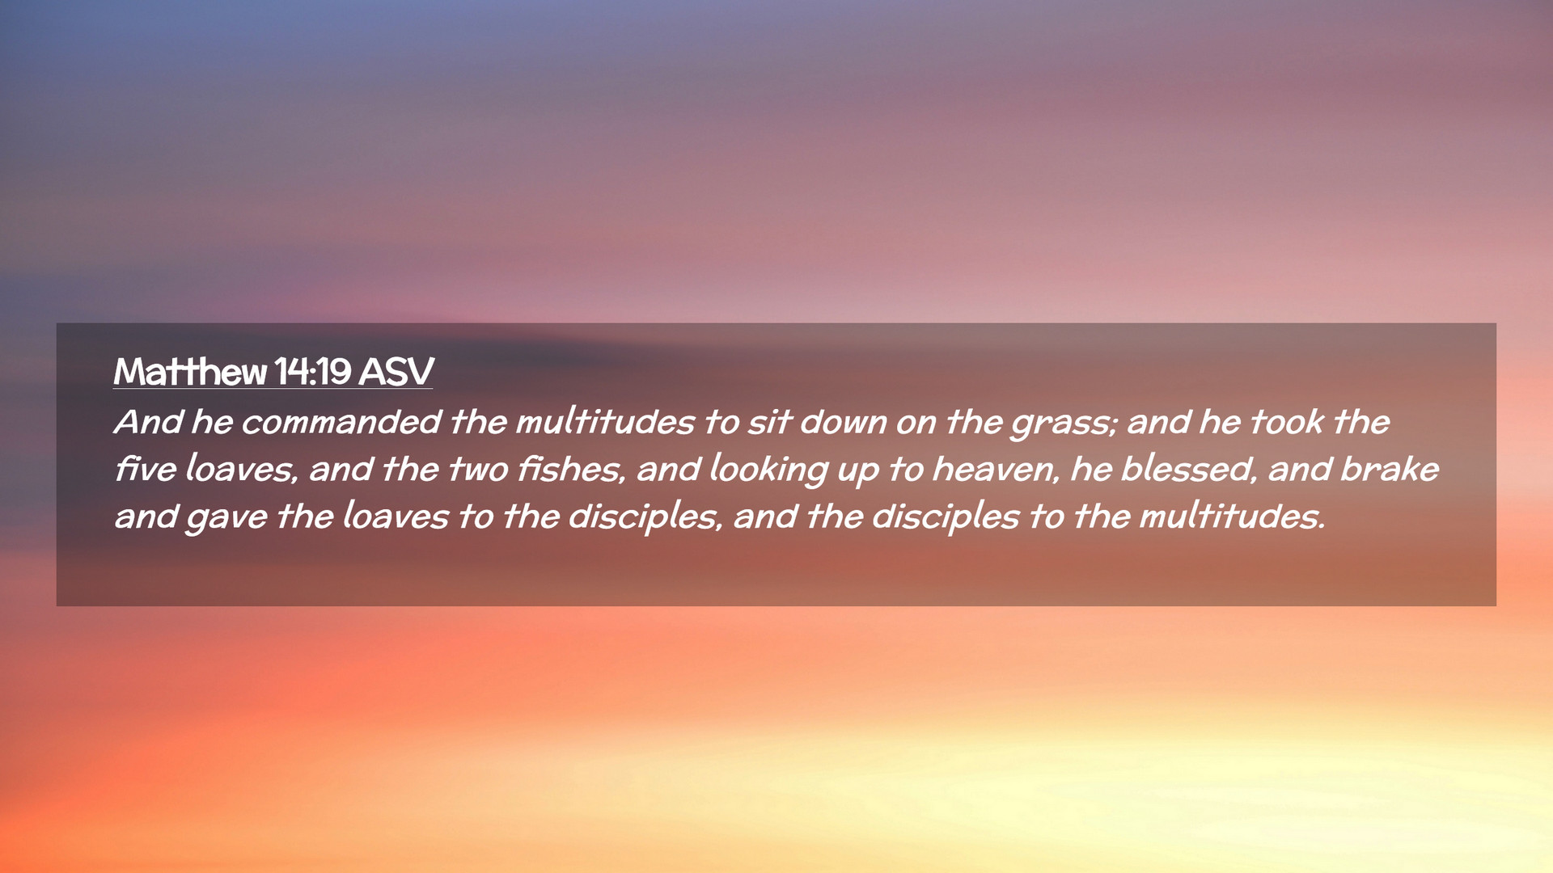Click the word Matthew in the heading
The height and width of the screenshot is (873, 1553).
point(190,372)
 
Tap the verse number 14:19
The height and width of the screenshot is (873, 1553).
point(312,372)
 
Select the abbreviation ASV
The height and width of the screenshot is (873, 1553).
point(396,372)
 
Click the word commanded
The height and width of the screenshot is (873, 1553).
point(341,422)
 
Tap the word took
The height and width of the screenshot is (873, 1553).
point(1286,422)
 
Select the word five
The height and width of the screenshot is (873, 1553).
point(146,469)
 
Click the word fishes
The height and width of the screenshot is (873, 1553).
point(572,469)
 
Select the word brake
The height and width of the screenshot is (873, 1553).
point(1390,469)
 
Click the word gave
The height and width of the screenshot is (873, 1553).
point(226,518)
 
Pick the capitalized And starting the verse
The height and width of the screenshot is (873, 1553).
point(149,422)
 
